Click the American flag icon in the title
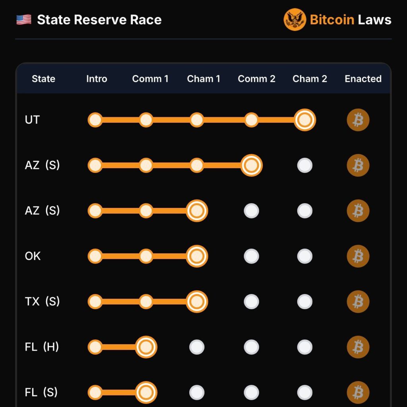pos(24,20)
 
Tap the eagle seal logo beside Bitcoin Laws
pos(295,19)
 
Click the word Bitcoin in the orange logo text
pos(332,20)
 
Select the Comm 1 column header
pos(150,79)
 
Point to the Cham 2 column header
pos(310,79)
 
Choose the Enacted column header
pos(363,79)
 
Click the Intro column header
pos(97,79)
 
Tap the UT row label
pos(32,120)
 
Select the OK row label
pos(33,256)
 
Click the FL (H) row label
pos(42,347)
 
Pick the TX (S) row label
pos(42,301)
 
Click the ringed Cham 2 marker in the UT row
pos(305,120)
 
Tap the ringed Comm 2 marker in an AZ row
pos(252,165)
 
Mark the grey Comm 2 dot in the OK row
pos(252,256)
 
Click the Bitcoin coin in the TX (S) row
pos(358,302)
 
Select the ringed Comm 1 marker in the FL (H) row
pos(146,347)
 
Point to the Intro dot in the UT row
pos(95,120)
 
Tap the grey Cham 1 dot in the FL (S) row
pos(197,392)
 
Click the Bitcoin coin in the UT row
pos(358,120)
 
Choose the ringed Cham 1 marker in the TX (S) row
pos(197,302)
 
